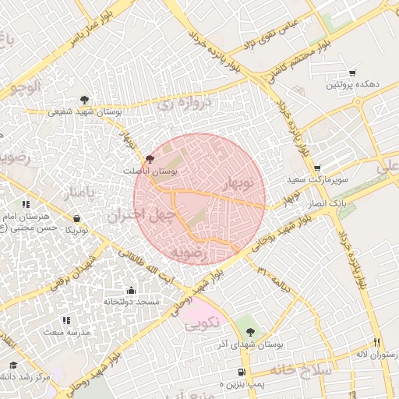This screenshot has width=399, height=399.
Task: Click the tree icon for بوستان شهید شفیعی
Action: point(83,100)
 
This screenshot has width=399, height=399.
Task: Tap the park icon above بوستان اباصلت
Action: point(150,158)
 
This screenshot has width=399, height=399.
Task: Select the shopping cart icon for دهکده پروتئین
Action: point(352,72)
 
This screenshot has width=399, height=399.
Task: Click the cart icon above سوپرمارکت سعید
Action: point(317,168)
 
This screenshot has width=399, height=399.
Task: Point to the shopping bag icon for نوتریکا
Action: point(76,218)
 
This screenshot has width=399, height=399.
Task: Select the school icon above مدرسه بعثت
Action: point(65,320)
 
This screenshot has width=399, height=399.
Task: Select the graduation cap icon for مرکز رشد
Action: point(12,365)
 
